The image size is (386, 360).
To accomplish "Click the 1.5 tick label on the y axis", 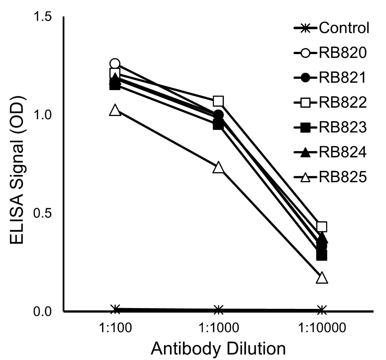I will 44,17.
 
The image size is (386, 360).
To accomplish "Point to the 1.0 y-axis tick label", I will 44,115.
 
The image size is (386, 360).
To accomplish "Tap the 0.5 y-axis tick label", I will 44,213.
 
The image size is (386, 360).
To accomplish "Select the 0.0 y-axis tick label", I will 44,311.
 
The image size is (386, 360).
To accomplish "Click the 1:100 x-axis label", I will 115,328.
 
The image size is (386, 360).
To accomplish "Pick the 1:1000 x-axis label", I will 218,328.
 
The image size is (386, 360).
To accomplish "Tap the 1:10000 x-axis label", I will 322,328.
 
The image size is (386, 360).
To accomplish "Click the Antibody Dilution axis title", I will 218,349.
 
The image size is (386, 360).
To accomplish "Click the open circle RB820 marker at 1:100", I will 115,64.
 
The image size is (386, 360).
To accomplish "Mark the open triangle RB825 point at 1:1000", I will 218,167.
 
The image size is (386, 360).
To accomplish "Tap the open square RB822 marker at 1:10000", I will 322,227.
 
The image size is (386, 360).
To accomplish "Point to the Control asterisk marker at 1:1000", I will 218,310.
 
